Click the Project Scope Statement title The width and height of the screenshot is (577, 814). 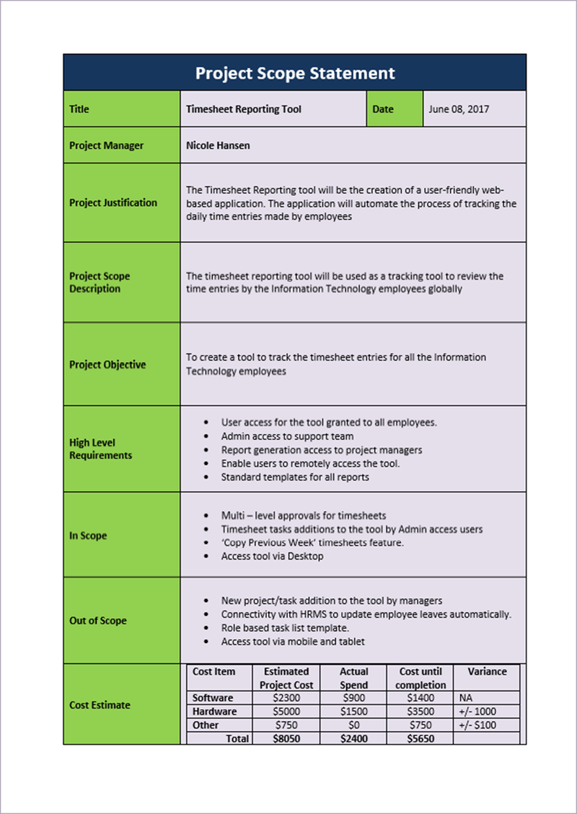point(295,73)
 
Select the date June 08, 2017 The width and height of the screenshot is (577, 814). point(459,110)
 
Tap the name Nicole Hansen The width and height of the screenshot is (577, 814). point(218,146)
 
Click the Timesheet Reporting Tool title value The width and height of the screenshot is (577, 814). point(244,110)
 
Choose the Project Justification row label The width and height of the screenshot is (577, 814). point(113,203)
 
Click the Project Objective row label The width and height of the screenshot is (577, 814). point(107,365)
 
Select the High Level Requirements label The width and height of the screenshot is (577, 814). point(100,449)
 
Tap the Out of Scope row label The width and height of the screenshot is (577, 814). point(98,621)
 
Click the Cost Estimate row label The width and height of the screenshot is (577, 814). point(100,705)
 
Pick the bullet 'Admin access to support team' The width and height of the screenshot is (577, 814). point(287,436)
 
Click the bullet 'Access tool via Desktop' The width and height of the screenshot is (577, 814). point(272,556)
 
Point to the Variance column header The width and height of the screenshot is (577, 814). point(487,671)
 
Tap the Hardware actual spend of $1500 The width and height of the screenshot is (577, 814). point(353,712)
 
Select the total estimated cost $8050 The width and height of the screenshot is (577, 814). point(286,738)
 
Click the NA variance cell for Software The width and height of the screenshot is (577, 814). point(465,698)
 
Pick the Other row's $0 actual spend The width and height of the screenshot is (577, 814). point(353,725)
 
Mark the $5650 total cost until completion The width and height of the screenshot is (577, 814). point(420,738)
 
